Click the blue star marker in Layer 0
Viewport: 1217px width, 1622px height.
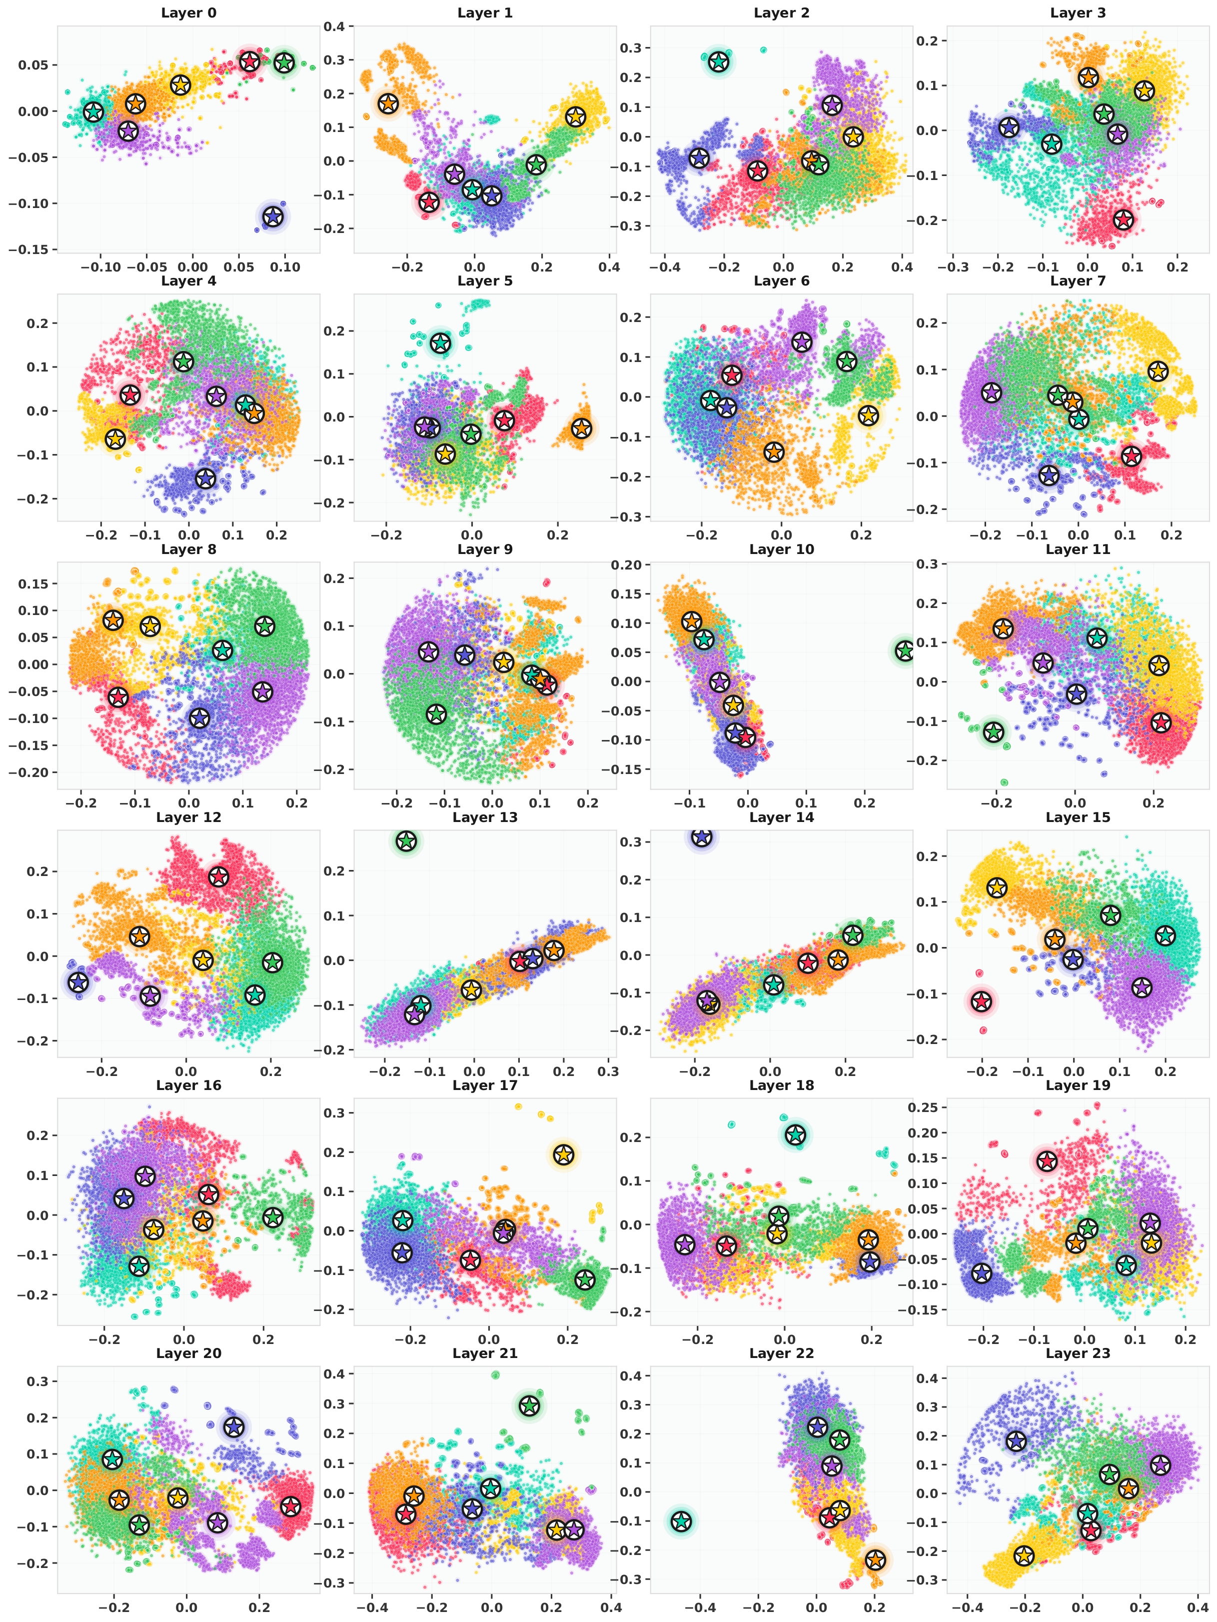click(x=273, y=216)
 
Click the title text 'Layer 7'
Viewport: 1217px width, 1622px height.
click(x=1078, y=281)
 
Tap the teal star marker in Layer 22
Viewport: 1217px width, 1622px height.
click(x=681, y=1521)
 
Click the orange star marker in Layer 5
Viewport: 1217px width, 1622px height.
click(x=581, y=427)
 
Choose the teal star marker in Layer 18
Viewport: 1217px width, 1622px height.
click(x=796, y=1135)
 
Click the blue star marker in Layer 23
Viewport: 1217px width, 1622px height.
click(x=1016, y=1441)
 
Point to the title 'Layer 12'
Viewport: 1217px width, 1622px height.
click(x=188, y=817)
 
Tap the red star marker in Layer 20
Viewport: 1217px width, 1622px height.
click(x=291, y=1506)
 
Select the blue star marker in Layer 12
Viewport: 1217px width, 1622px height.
click(x=77, y=982)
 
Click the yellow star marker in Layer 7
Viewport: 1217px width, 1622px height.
click(x=1158, y=371)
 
